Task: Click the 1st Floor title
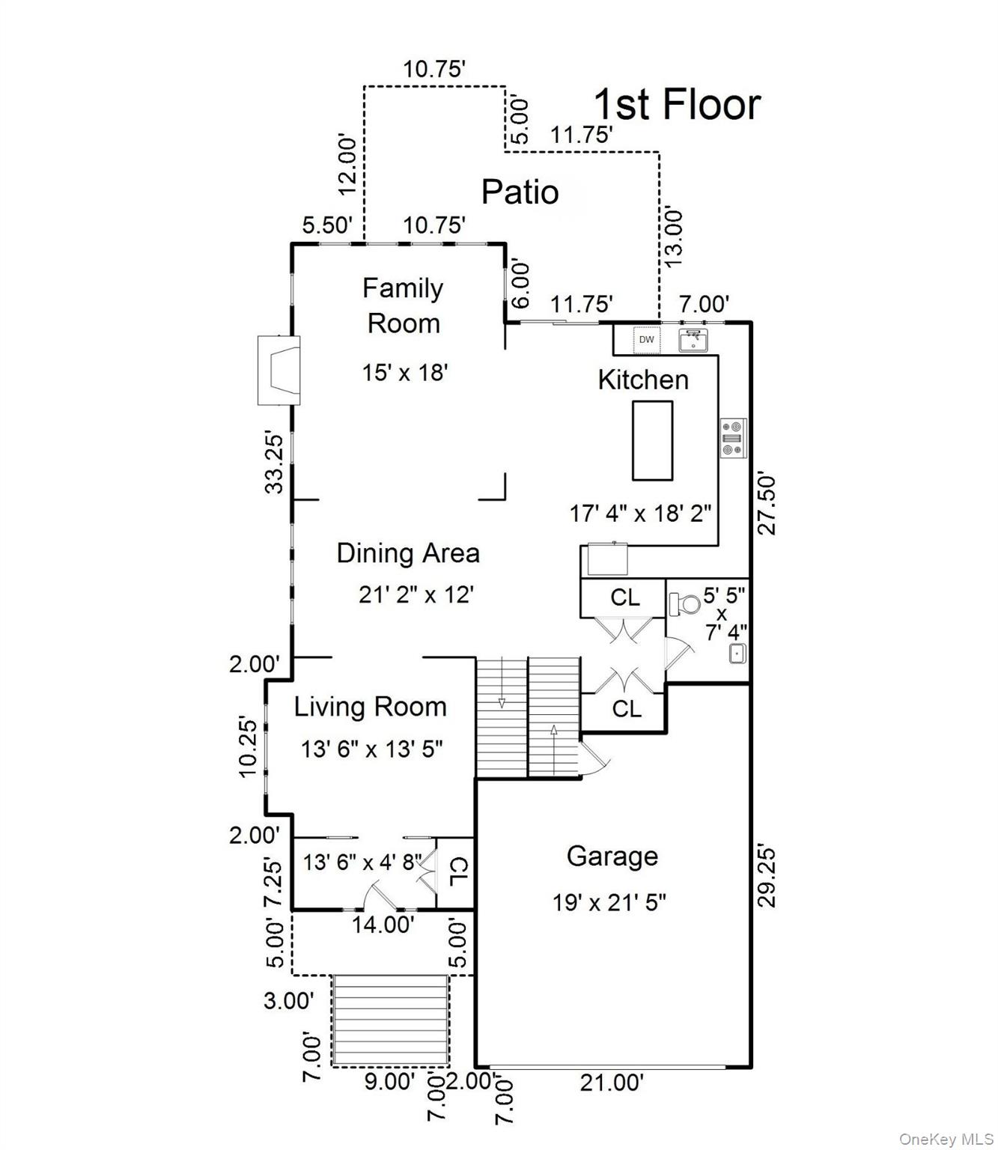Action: click(677, 105)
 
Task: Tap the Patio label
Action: click(520, 192)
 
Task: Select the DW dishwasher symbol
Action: click(646, 339)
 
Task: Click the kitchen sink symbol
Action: click(694, 340)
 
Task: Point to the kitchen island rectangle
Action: click(652, 440)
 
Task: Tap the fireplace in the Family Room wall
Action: click(279, 370)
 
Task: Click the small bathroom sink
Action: click(737, 654)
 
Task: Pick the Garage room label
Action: click(612, 856)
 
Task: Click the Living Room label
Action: click(371, 707)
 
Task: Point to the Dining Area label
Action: click(408, 553)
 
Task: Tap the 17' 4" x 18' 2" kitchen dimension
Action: click(641, 513)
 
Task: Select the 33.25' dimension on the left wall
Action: click(276, 461)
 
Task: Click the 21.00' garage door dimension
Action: click(612, 1082)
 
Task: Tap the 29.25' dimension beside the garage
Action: click(767, 874)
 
